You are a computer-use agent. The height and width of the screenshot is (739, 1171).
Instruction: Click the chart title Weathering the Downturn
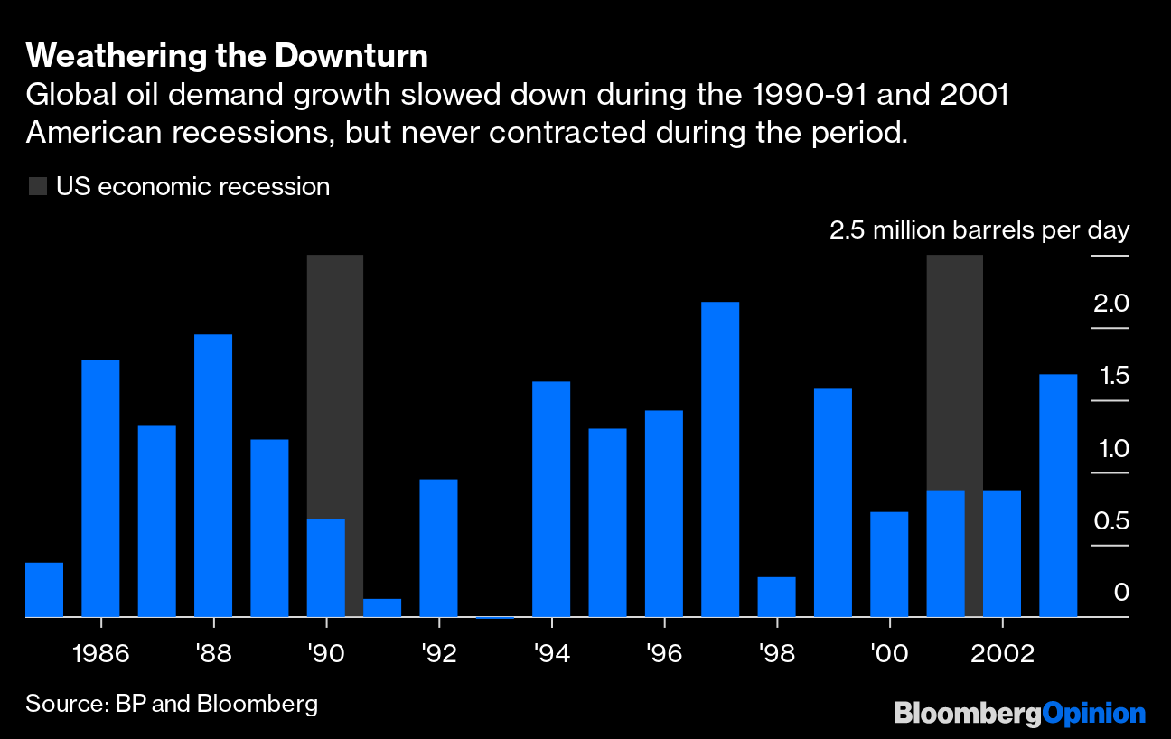[x=227, y=56]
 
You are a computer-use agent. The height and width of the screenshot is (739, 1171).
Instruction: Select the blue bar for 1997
[x=720, y=459]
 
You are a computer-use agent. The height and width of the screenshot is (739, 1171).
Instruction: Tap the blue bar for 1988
[x=213, y=475]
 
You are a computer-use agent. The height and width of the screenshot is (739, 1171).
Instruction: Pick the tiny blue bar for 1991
[x=382, y=608]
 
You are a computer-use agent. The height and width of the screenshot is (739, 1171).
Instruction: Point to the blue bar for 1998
[x=776, y=597]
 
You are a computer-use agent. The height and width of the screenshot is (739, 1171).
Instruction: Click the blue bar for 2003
[x=1058, y=495]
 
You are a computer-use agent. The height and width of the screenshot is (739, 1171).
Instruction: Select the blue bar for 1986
[x=100, y=488]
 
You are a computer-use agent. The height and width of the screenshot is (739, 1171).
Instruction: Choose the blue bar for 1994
[x=551, y=499]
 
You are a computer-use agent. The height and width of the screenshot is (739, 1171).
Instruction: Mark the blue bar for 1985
[x=44, y=590]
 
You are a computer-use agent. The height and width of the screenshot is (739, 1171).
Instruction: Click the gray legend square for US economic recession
[x=37, y=187]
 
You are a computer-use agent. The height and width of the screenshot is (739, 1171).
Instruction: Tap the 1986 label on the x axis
[x=100, y=653]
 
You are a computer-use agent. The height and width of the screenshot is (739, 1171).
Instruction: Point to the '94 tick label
[x=551, y=653]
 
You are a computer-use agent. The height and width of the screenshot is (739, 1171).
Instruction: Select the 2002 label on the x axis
[x=1001, y=653]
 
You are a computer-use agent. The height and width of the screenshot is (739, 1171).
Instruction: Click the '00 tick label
[x=889, y=653]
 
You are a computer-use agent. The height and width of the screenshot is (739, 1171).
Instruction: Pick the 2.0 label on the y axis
[x=1110, y=304]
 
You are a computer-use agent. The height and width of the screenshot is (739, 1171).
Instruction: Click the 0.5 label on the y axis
[x=1110, y=521]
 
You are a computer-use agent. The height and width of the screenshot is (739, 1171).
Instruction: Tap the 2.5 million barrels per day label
[x=979, y=230]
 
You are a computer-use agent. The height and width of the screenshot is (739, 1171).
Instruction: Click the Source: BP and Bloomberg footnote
[x=172, y=704]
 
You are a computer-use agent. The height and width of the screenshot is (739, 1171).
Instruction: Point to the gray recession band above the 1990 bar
[x=335, y=379]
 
